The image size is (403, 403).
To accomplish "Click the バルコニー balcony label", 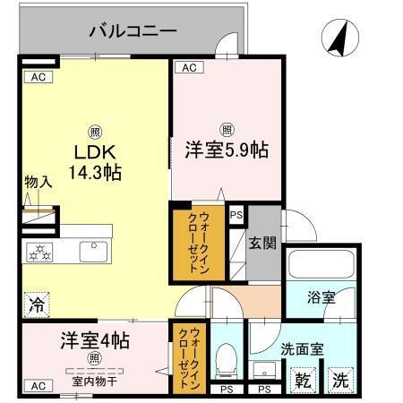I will (x=133, y=31).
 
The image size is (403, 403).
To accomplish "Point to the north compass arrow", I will (x=339, y=38).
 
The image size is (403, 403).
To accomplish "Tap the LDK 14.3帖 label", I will (x=93, y=159).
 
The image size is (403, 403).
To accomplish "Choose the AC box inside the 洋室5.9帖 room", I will (x=188, y=67).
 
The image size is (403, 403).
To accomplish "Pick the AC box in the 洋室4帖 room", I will (x=38, y=385).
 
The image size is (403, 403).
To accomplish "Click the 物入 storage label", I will (x=37, y=182).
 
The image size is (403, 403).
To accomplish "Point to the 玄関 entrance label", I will (x=262, y=242).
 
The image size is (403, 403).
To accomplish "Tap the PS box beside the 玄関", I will (x=236, y=215).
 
